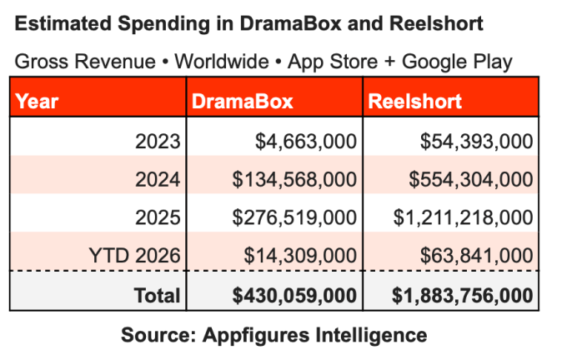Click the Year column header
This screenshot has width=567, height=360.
point(38,102)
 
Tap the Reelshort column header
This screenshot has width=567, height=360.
point(414,102)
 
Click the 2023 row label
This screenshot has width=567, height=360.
point(158,141)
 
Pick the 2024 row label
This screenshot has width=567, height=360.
point(158,179)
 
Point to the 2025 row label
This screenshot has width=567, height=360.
point(158,217)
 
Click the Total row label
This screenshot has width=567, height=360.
point(157,295)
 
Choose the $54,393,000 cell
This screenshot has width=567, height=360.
point(477,141)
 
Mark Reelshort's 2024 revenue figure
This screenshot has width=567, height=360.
point(472,179)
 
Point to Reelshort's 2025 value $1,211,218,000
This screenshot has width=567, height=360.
point(463,217)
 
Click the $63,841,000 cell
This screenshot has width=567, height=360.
point(477,256)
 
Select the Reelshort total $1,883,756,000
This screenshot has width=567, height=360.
point(461,295)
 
